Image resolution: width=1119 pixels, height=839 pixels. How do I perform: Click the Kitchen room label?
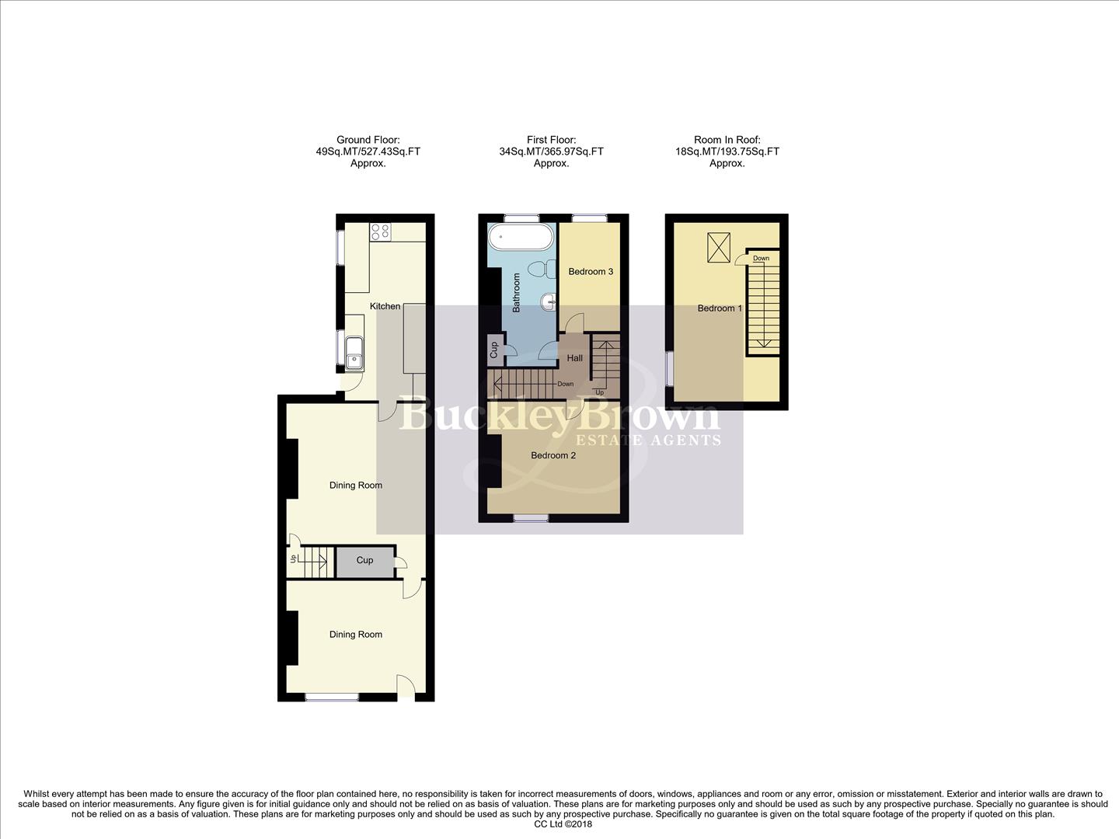pyautogui.click(x=385, y=306)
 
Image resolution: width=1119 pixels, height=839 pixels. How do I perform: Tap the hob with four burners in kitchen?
pyautogui.click(x=381, y=231)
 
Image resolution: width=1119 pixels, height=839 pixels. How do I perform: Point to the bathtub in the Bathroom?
pyautogui.click(x=521, y=237)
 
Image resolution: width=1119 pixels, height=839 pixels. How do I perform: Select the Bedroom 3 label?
pyautogui.click(x=591, y=272)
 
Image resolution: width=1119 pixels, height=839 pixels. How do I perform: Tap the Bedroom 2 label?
pyautogui.click(x=553, y=455)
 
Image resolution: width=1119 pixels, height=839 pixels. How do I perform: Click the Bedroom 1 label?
pyautogui.click(x=720, y=308)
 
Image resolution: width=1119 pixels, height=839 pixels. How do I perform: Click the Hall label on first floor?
pyautogui.click(x=575, y=358)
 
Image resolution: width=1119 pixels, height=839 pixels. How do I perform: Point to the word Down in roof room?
pyautogui.click(x=761, y=259)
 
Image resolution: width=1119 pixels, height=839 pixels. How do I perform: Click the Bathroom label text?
pyautogui.click(x=516, y=293)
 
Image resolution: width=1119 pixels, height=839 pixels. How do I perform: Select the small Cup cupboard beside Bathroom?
pyautogui.click(x=494, y=350)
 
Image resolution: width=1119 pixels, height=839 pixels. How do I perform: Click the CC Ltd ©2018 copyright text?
pyautogui.click(x=559, y=824)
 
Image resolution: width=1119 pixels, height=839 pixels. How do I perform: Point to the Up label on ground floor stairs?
pyautogui.click(x=293, y=559)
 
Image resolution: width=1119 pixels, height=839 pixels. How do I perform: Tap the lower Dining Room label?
pyautogui.click(x=356, y=635)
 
